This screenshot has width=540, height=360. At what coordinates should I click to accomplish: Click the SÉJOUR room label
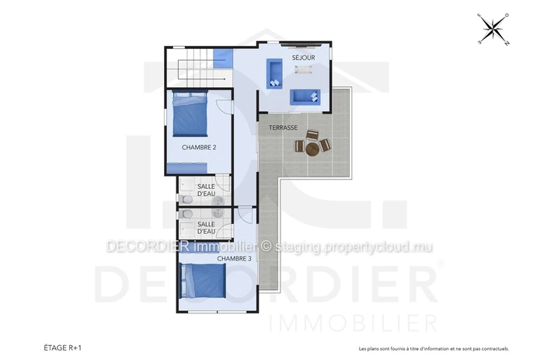pyautogui.click(x=303, y=58)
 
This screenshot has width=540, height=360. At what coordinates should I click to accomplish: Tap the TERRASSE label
pyautogui.click(x=283, y=128)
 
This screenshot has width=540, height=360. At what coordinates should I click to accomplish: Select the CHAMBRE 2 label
pyautogui.click(x=199, y=148)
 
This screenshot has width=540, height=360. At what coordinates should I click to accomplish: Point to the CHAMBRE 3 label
pyautogui.click(x=234, y=258)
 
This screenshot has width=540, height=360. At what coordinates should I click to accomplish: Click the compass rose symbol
pyautogui.click(x=493, y=30)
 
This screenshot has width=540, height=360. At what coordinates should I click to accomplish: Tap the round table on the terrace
pyautogui.click(x=312, y=150)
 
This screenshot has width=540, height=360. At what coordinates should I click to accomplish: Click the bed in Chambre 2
pyautogui.click(x=190, y=114)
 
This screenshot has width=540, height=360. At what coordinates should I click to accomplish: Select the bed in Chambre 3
pyautogui.click(x=204, y=281)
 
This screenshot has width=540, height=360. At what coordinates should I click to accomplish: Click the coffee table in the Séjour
pyautogui.click(x=303, y=69)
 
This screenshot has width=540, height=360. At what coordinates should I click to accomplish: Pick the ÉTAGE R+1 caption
pyautogui.click(x=62, y=348)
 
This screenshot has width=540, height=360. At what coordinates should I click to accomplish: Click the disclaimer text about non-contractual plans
pyautogui.click(x=434, y=349)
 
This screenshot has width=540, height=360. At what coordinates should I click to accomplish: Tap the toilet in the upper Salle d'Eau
pyautogui.click(x=185, y=200)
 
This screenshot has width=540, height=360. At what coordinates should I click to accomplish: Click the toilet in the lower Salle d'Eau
pyautogui.click(x=185, y=214)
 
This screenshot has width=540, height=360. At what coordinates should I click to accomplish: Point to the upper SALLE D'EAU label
pyautogui.click(x=207, y=190)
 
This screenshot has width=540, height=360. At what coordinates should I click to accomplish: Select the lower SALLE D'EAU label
pyautogui.click(x=207, y=228)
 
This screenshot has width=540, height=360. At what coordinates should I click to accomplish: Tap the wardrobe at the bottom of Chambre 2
pyautogui.click(x=187, y=168)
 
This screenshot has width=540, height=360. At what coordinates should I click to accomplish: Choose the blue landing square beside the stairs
pyautogui.click(x=223, y=58)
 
